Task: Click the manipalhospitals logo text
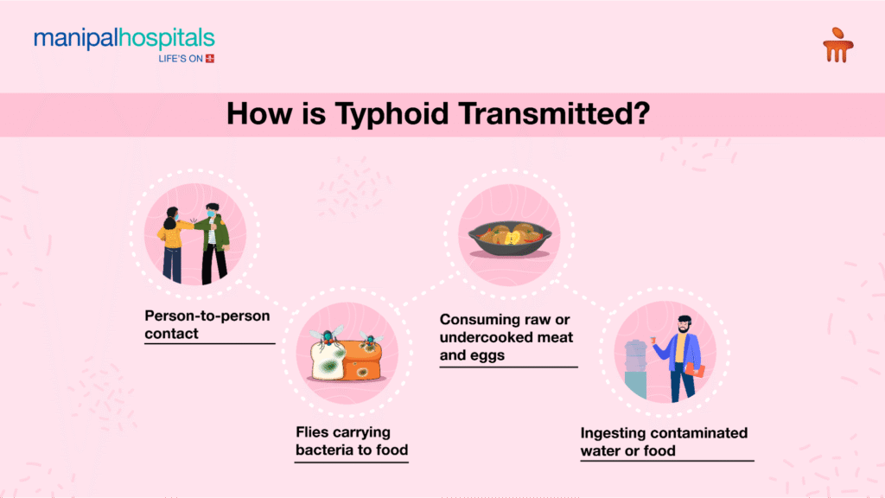click(124, 39)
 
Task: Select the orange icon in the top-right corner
click(838, 45)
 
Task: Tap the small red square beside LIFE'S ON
click(210, 58)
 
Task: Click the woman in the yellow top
click(173, 245)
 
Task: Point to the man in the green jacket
click(213, 243)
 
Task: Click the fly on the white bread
click(327, 337)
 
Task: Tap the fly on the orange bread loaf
click(370, 340)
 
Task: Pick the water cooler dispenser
click(635, 368)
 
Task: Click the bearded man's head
click(684, 324)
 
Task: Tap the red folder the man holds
click(695, 370)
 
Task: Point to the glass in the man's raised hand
click(653, 340)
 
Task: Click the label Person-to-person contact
click(207, 325)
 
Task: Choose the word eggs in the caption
click(489, 356)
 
